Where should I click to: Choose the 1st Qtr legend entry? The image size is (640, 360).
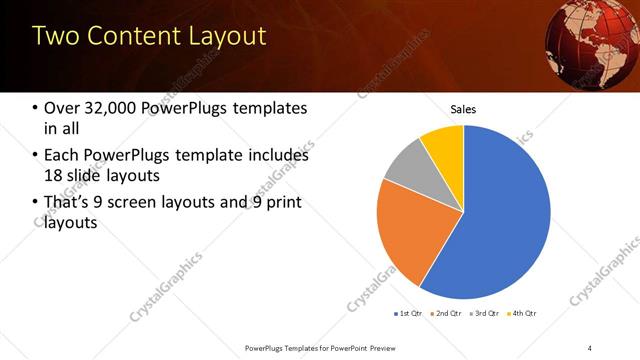(x=408, y=313)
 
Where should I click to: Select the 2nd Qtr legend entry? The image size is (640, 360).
(x=447, y=313)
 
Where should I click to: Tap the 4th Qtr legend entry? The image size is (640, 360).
(x=525, y=313)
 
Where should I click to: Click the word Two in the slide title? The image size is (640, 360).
(x=55, y=37)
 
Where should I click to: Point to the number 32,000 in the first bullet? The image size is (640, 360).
(x=110, y=108)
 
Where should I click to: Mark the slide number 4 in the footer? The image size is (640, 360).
(x=590, y=347)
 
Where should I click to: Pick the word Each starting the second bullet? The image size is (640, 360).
(x=60, y=156)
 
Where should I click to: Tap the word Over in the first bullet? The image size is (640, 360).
(x=60, y=108)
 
